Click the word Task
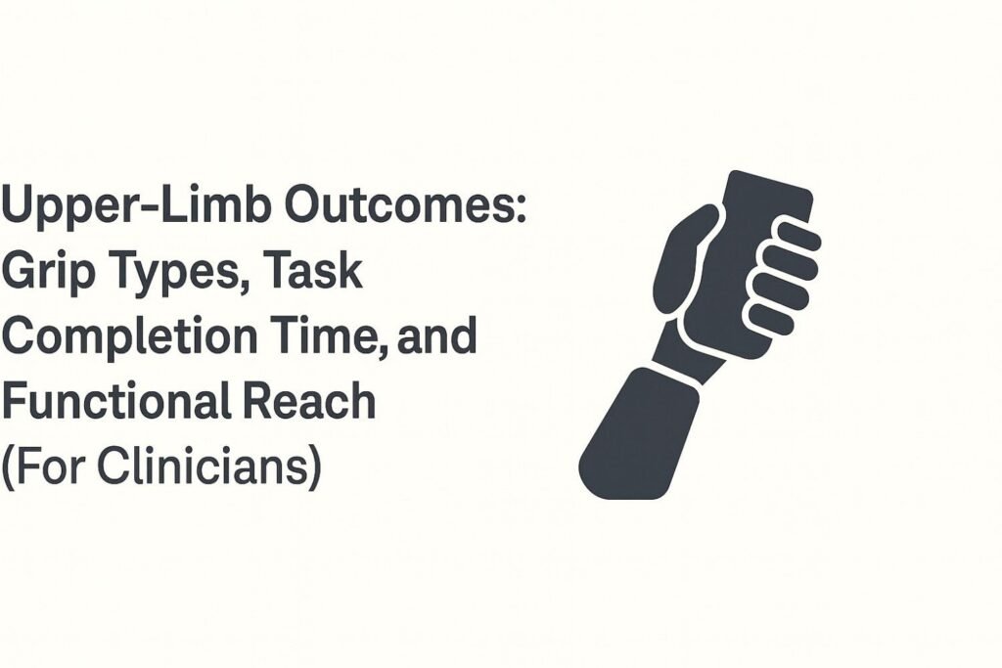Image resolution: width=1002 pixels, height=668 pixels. point(314,273)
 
